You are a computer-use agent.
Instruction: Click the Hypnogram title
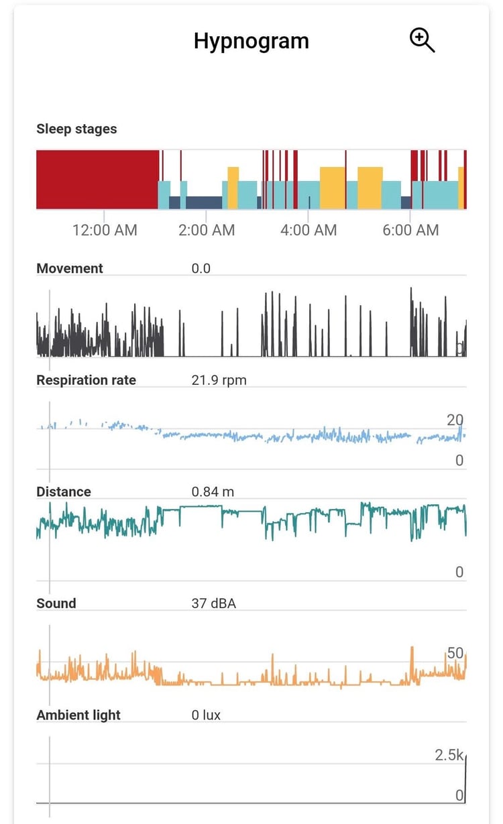coord(251,41)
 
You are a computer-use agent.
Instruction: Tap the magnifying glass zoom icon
coord(422,40)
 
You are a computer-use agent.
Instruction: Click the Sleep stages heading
coord(76,129)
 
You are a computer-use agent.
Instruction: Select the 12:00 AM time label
coord(105,230)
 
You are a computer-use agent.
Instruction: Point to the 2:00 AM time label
coord(207,230)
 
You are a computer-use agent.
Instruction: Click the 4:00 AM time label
coord(309,230)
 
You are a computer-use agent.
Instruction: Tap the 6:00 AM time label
coord(410,230)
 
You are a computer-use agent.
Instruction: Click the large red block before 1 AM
coord(97,179)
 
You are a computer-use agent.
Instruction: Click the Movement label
coord(70,268)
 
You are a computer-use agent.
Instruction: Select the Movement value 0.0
coord(201,268)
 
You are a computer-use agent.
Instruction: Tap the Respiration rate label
coord(86,380)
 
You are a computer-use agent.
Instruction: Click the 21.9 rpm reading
coord(219,380)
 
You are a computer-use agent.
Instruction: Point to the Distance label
coord(64,491)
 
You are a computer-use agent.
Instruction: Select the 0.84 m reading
coord(213,491)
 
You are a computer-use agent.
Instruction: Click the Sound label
coord(56,603)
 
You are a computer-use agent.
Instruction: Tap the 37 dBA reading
coord(213,603)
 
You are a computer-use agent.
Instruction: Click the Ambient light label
coord(78,715)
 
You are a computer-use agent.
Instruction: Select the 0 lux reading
coord(206,715)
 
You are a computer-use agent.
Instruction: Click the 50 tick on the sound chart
coord(455,653)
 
